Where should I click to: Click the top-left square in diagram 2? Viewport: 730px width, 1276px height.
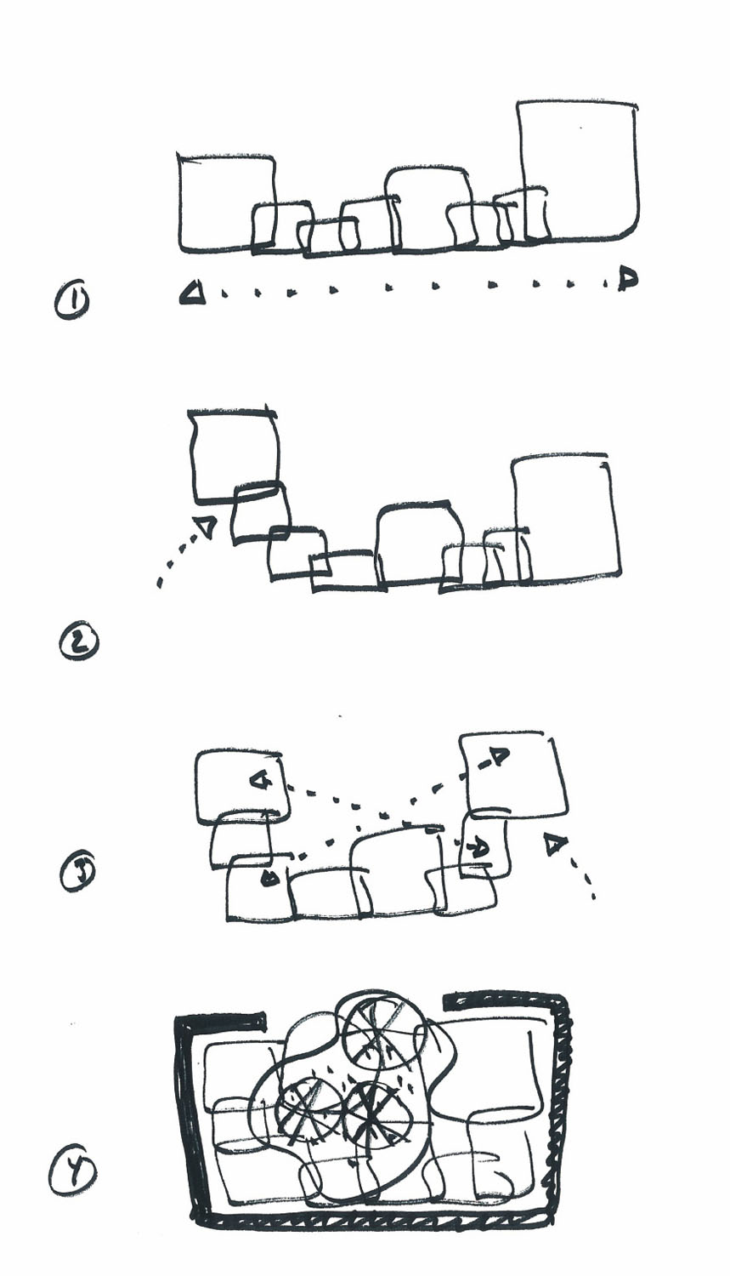click(234, 456)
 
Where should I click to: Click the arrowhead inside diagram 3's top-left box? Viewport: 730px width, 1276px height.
click(259, 780)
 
